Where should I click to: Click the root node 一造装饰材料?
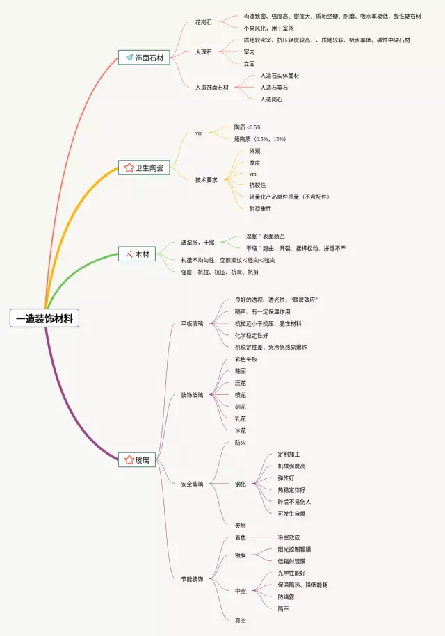tap(45, 318)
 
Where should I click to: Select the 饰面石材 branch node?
tap(144, 58)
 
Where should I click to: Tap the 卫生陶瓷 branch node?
tap(144, 168)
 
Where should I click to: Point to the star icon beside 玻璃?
tap(129, 459)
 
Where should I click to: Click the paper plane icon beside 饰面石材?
tap(129, 58)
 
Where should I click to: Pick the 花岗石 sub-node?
tap(204, 22)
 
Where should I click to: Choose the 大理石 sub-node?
tap(204, 51)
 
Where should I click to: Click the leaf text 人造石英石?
tap(274, 88)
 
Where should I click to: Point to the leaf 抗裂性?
tap(257, 185)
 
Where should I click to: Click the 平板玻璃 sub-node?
tap(192, 323)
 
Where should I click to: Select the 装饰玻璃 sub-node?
tap(192, 395)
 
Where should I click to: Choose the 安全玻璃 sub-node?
tap(192, 484)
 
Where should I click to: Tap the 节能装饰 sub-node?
tap(192, 579)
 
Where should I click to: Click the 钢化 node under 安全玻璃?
tap(241, 484)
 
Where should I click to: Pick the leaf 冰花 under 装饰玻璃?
tap(241, 431)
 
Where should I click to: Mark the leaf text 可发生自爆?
tap(291, 514)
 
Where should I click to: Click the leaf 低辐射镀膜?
tap(291, 561)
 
